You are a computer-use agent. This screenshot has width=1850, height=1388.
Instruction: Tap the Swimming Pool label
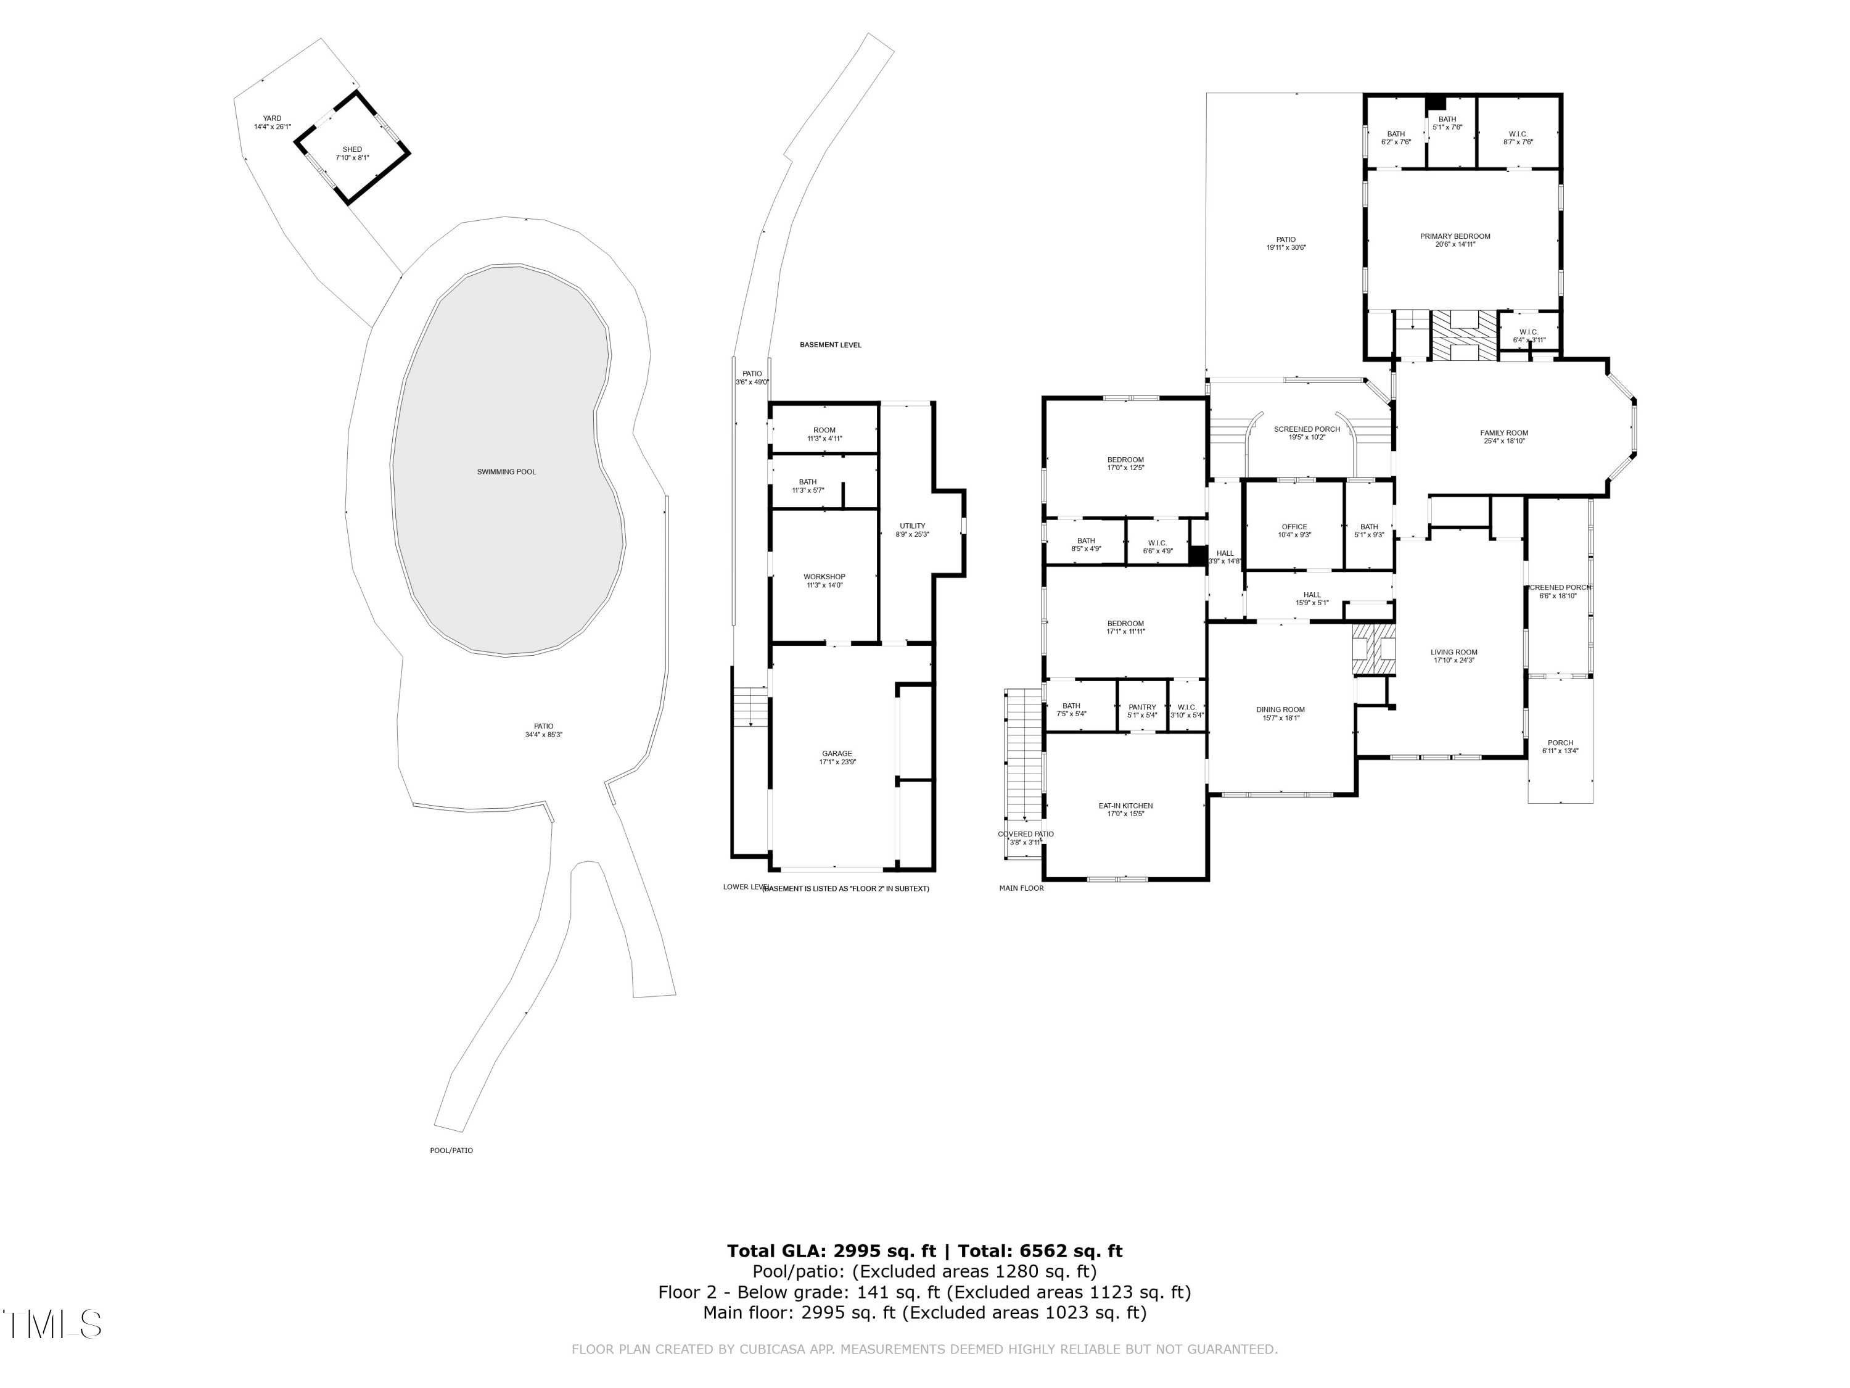point(506,472)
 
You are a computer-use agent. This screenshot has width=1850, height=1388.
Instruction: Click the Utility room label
point(913,526)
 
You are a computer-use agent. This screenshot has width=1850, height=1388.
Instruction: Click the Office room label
point(1294,527)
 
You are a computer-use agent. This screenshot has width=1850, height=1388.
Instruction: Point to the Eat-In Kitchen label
point(1125,806)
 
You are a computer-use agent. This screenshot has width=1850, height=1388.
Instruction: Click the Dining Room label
point(1280,710)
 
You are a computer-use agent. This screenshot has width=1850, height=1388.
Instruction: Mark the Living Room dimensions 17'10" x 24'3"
point(1453,660)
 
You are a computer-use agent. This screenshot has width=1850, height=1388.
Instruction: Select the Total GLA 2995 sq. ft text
point(831,1251)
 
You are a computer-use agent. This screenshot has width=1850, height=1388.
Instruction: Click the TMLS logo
point(52,1324)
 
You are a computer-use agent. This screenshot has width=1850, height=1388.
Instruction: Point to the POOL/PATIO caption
point(451,1150)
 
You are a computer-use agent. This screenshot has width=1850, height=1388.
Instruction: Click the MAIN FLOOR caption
point(1021,888)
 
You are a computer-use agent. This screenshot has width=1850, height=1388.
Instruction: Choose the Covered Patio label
point(1026,834)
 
